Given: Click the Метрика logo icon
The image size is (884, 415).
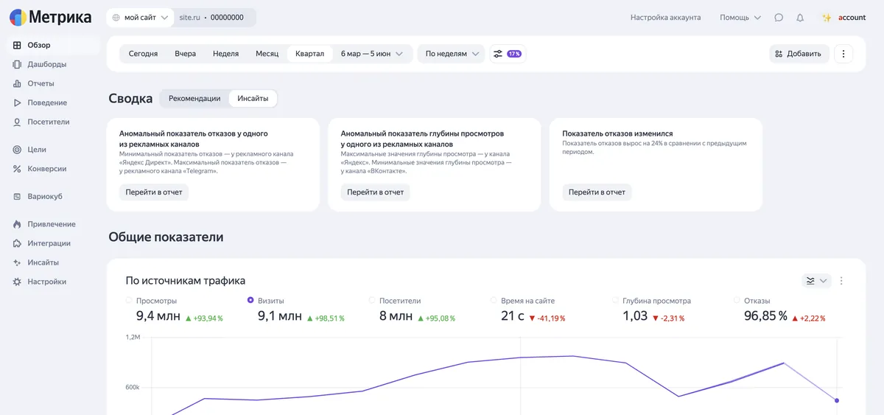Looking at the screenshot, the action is coord(18,18).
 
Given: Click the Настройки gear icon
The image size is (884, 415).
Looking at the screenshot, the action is coord(17,282).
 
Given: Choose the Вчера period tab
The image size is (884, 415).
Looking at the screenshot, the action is coord(185,54).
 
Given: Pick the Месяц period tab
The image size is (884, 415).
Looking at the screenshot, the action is coord(267,54).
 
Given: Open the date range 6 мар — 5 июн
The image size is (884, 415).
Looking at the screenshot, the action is coord(371,54).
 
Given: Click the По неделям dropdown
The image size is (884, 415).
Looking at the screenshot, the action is coord(452,54).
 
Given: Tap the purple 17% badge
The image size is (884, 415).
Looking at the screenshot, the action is coord(514,54).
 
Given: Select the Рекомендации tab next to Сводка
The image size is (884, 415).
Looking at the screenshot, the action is coord(194,98).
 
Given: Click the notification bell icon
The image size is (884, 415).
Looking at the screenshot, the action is coord(800,18).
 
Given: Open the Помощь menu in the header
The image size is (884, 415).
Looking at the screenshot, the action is coord(740,18).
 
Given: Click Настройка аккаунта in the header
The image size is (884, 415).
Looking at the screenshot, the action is coord(665,18).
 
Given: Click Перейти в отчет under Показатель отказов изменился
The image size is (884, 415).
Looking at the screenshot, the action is coord(597,192).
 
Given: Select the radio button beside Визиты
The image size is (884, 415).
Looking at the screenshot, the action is coord(250,300).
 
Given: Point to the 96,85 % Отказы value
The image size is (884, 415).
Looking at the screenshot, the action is coord(765,316).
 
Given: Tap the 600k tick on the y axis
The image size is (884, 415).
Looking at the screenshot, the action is coord(132,388).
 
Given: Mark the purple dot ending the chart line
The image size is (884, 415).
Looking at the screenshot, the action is coord(837,400).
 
